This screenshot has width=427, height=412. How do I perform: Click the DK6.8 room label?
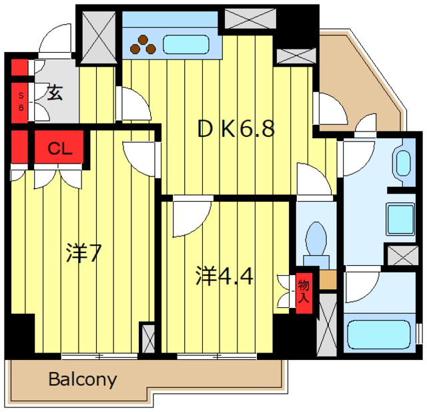coord(236,128)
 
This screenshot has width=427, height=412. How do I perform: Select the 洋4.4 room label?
coord(224,275)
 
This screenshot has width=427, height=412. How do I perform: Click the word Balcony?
coord(83,380)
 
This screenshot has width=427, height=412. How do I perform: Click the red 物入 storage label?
coord(304,291)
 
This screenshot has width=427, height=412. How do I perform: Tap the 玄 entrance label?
coord(55,93)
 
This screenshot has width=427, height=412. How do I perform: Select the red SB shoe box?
coord(21,101)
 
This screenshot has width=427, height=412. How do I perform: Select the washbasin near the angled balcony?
coord(402,164)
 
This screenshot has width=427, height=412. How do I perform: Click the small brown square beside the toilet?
coord(327,280)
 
